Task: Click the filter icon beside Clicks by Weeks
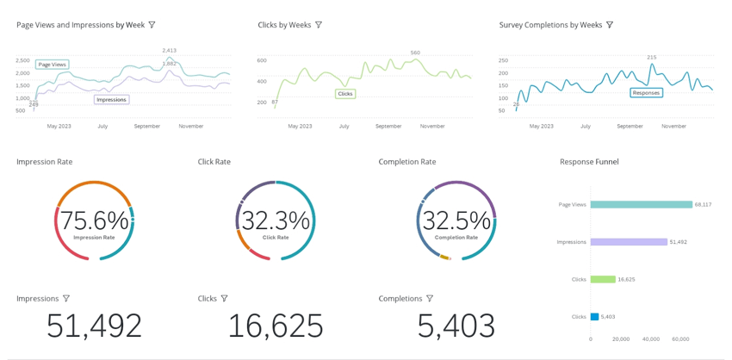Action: tap(319, 25)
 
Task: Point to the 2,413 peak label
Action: tap(170, 51)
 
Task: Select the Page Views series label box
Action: tap(53, 65)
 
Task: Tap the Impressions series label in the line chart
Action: tap(112, 100)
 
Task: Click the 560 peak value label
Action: tap(415, 53)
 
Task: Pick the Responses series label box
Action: tap(646, 92)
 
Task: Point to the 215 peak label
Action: tap(651, 57)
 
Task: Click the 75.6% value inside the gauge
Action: tap(94, 221)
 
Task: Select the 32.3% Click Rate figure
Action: tap(275, 221)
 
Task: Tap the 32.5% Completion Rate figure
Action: tap(456, 221)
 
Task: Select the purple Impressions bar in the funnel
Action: tap(629, 242)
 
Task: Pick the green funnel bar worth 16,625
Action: tap(603, 279)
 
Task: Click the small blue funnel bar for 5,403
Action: tap(594, 317)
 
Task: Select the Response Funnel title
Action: tap(589, 162)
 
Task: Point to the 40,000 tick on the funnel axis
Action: tap(650, 339)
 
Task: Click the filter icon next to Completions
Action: tap(430, 299)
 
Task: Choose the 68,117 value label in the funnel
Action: tap(703, 205)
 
